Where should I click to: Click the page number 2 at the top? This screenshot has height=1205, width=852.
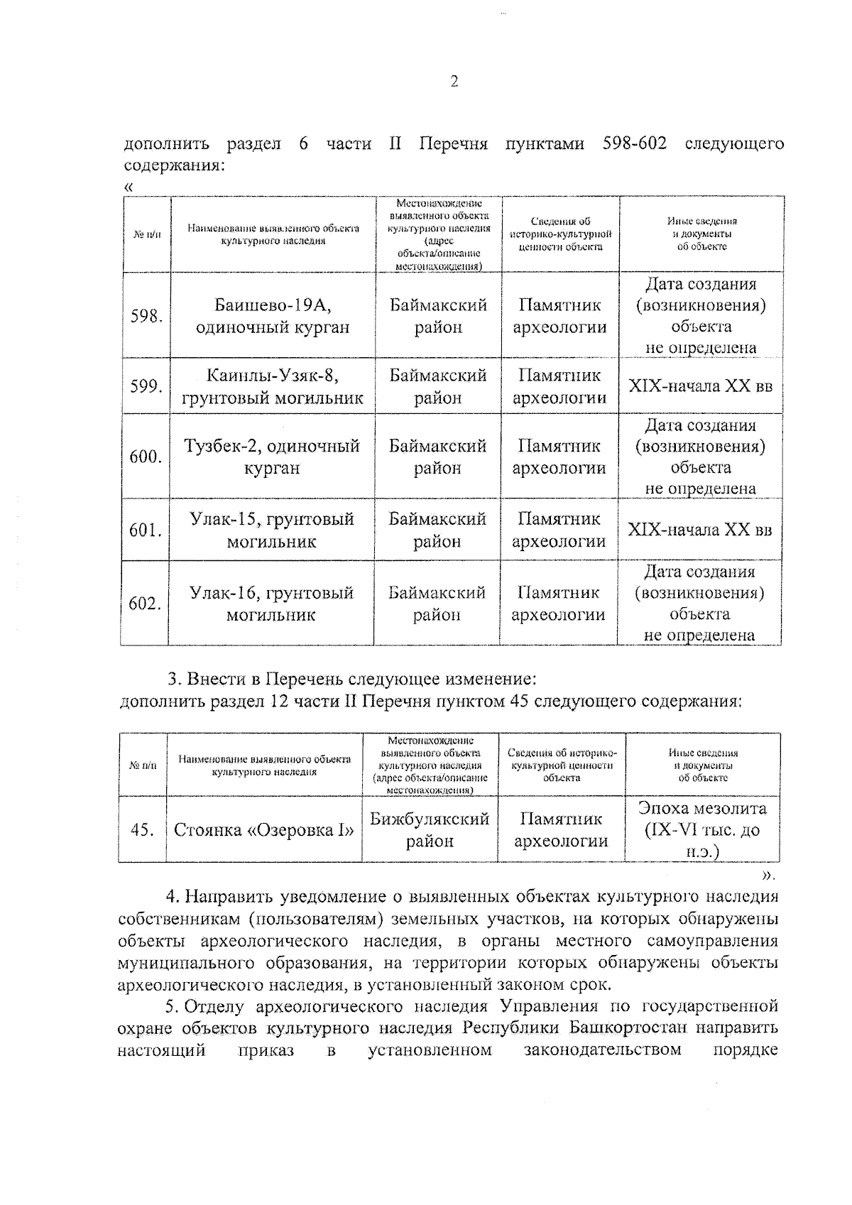point(454,82)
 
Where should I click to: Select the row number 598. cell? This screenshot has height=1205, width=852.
point(146,316)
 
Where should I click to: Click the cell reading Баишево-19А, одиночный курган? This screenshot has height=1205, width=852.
point(273,316)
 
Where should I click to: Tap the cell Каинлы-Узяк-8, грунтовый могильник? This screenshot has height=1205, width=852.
point(273,386)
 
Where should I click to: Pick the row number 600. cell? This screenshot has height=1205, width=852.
point(146,457)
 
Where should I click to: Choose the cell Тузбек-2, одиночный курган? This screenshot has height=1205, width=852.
point(272,457)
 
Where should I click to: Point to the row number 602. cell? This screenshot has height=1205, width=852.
point(145,604)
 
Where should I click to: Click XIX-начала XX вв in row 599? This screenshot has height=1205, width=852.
point(701,386)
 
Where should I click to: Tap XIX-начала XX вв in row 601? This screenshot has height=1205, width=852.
point(700,530)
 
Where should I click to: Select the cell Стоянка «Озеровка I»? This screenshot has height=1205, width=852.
point(264,830)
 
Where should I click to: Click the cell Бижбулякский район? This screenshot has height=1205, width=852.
point(430,830)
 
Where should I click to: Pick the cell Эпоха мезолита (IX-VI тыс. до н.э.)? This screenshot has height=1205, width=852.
point(702,829)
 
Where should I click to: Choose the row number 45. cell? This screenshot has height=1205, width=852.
point(143,830)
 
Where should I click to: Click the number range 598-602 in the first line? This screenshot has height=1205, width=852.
point(634,143)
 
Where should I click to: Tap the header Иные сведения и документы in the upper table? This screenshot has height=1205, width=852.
point(701,234)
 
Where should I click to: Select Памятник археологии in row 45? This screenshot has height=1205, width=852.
point(561,830)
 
